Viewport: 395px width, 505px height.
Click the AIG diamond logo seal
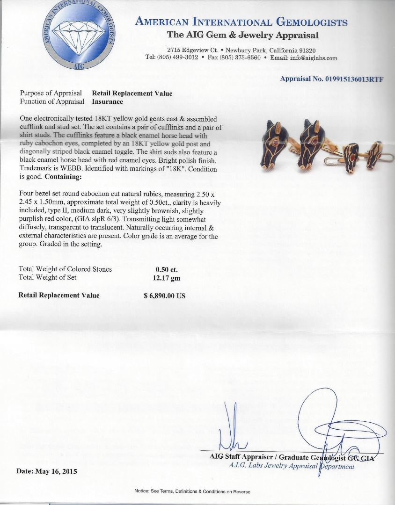pos(77,35)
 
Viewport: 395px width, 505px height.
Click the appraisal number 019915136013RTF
pos(331,79)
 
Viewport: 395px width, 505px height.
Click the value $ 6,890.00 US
pos(164,296)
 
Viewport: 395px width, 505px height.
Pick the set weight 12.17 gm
pos(166,278)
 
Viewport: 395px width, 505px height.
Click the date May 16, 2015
pos(47,471)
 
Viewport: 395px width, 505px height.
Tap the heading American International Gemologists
pos(241,22)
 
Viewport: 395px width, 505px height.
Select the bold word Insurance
pos(108,101)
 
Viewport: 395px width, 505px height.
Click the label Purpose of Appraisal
pos(51,94)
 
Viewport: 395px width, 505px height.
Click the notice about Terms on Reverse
pos(192,491)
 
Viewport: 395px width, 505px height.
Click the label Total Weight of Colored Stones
pos(65,269)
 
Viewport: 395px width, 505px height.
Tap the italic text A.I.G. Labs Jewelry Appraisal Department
pos(292,466)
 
